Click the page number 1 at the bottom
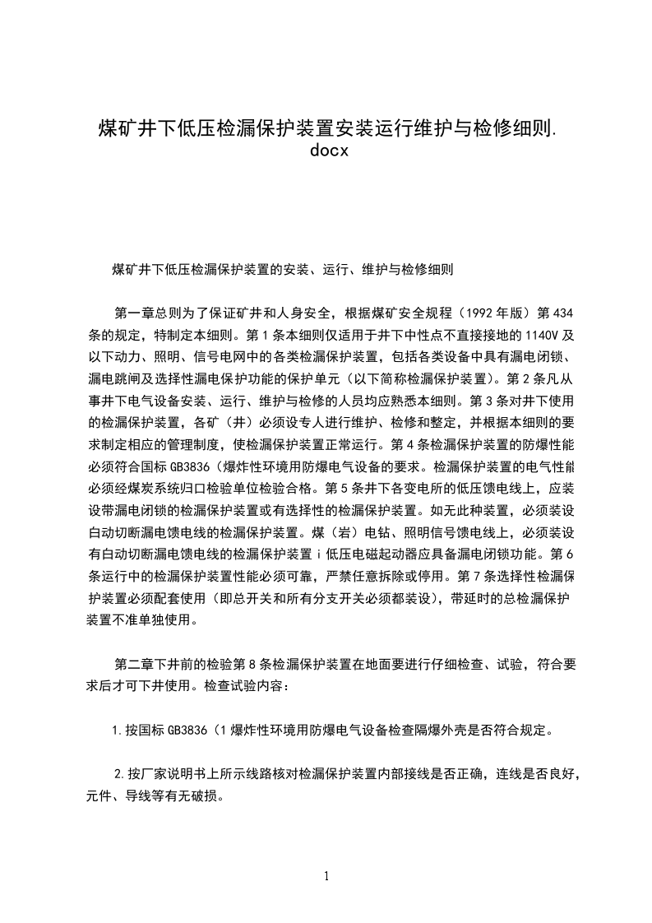pos(326,876)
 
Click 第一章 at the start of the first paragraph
pos(133,313)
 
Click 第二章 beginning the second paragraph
pos(133,662)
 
